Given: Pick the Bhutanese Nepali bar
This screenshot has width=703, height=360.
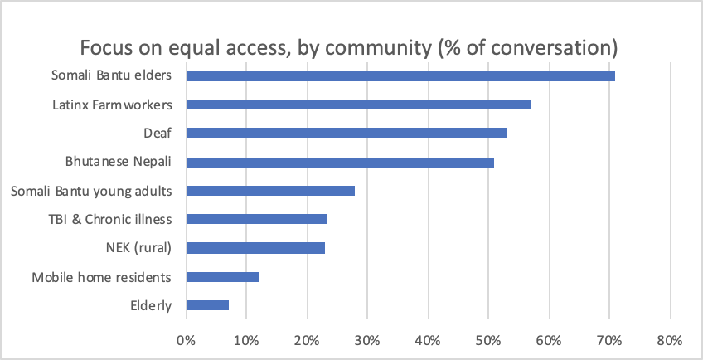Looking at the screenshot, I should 340,162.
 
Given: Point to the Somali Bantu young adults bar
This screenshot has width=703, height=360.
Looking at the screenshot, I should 270,191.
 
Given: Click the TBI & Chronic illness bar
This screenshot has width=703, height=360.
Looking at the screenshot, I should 256,219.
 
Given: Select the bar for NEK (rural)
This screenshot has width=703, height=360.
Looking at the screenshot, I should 255,248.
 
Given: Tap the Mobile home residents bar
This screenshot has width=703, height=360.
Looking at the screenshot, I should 222,276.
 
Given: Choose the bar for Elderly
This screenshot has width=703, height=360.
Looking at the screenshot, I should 207,305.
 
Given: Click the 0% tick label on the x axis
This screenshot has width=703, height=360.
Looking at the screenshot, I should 186,340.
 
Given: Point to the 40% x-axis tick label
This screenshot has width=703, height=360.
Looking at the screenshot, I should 428,340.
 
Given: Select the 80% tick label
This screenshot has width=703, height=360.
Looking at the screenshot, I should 669,340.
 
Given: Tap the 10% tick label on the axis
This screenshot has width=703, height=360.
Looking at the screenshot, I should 246,340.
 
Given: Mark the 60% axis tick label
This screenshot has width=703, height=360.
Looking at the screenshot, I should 549,340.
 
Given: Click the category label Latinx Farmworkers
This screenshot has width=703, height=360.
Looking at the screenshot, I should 112,105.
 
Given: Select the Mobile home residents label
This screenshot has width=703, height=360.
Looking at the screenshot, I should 101,277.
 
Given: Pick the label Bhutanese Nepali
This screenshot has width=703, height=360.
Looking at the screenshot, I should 119,162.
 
